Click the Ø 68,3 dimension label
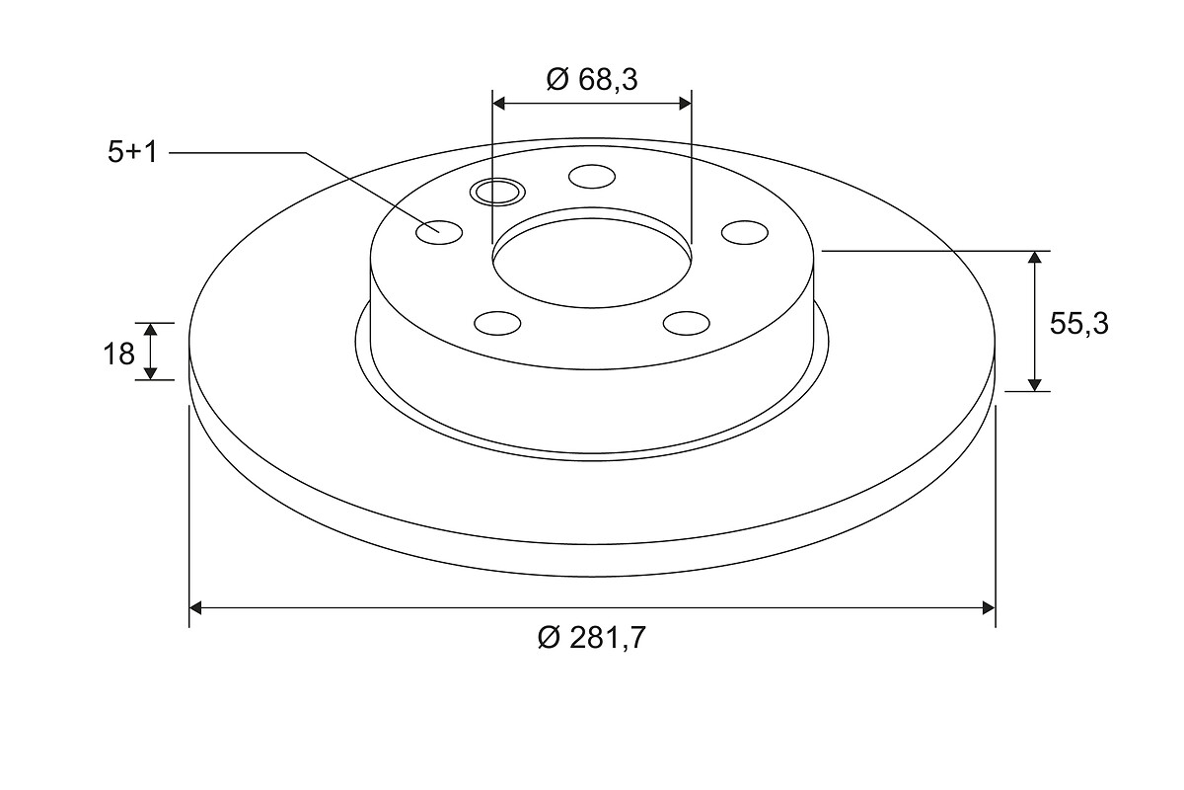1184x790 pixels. (x=592, y=80)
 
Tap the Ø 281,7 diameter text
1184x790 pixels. (x=592, y=638)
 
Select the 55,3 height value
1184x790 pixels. (x=1078, y=323)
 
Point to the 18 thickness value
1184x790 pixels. (x=119, y=354)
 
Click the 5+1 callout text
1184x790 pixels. (x=132, y=152)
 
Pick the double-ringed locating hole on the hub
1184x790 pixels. (x=497, y=192)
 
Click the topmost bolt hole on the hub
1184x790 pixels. (x=592, y=176)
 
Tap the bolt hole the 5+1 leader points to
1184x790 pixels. (x=439, y=232)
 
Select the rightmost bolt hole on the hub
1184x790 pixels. (x=745, y=232)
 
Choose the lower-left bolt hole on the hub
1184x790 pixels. (x=497, y=323)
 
